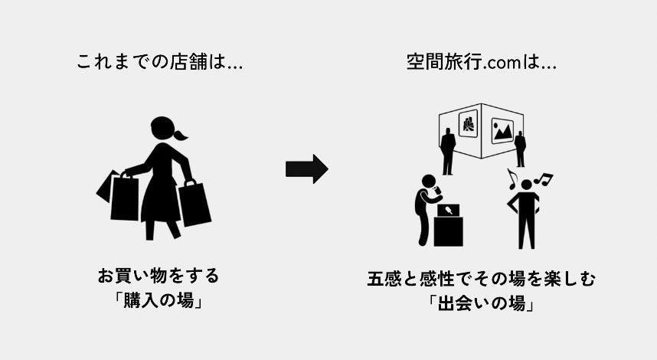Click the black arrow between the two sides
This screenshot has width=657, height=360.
point(306,169)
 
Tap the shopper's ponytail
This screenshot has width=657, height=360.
point(180,136)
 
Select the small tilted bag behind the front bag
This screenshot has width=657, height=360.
point(106,185)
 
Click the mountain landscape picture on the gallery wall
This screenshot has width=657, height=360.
point(502,130)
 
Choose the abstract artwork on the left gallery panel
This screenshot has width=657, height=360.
point(468,123)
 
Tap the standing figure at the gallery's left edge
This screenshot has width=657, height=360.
point(448,149)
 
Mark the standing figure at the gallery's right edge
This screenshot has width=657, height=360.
point(521,148)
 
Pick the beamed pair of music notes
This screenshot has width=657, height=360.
point(544,180)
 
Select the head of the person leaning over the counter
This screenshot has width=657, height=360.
point(430,183)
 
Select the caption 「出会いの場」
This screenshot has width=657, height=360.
point(481,303)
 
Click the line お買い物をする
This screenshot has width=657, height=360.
point(158,274)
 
